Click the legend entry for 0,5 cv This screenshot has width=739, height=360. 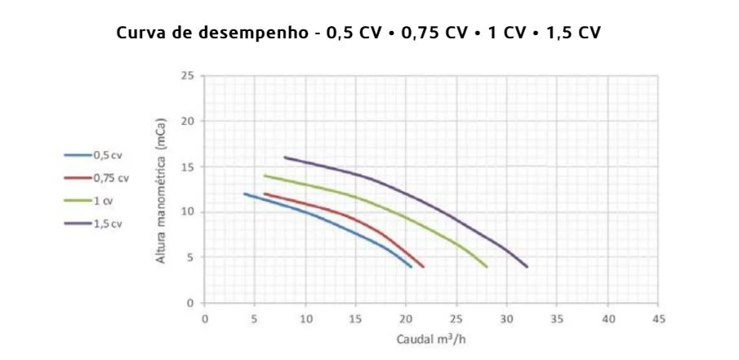pyautogui.click(x=93, y=155)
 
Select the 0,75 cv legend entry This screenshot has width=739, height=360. pyautogui.click(x=96, y=178)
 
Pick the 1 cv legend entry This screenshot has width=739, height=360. pyautogui.click(x=89, y=201)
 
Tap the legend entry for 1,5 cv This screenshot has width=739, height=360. pyautogui.click(x=93, y=224)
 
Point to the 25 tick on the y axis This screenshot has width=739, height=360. pyautogui.click(x=188, y=75)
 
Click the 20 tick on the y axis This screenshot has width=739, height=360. pyautogui.click(x=188, y=121)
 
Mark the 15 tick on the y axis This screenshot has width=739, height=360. pyautogui.click(x=188, y=167)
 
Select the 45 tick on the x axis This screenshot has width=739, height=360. pyautogui.click(x=659, y=319)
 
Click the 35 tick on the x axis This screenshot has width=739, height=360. pyautogui.click(x=558, y=319)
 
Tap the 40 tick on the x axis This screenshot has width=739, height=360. pyautogui.click(x=608, y=319)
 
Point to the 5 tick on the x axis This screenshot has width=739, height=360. pyautogui.click(x=255, y=319)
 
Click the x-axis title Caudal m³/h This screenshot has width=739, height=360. pyautogui.click(x=431, y=340)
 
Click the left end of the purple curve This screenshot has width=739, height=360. pyautogui.click(x=285, y=158)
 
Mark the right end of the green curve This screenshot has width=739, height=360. pyautogui.click(x=487, y=267)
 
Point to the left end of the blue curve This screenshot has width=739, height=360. pyautogui.click(x=245, y=193)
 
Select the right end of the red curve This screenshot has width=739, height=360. pyautogui.click(x=423, y=267)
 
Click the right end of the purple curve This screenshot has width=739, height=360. pyautogui.click(x=527, y=267)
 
